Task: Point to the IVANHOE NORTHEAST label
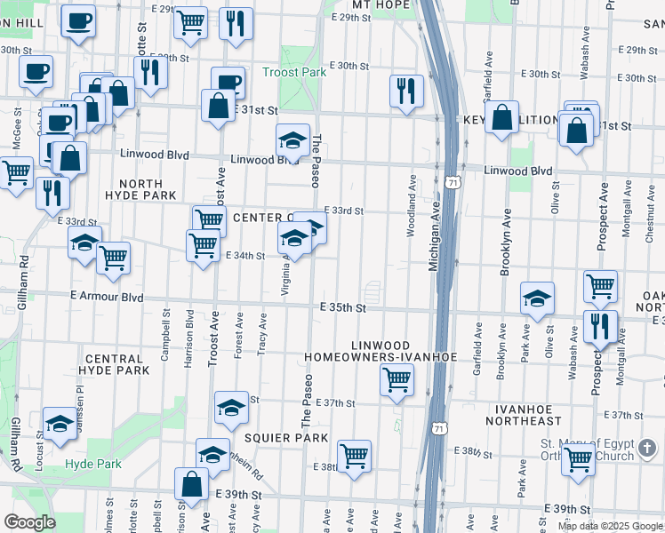tap(525, 413)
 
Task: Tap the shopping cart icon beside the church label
tap(579, 460)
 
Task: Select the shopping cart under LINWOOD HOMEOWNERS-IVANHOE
tap(397, 380)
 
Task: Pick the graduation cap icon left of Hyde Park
tap(60, 425)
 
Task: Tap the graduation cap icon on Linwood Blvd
tap(292, 140)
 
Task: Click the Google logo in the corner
tap(29, 521)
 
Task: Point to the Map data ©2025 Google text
tap(609, 525)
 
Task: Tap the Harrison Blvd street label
tap(189, 334)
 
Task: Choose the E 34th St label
tap(248, 255)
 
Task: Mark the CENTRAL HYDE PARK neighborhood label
tap(114, 362)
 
